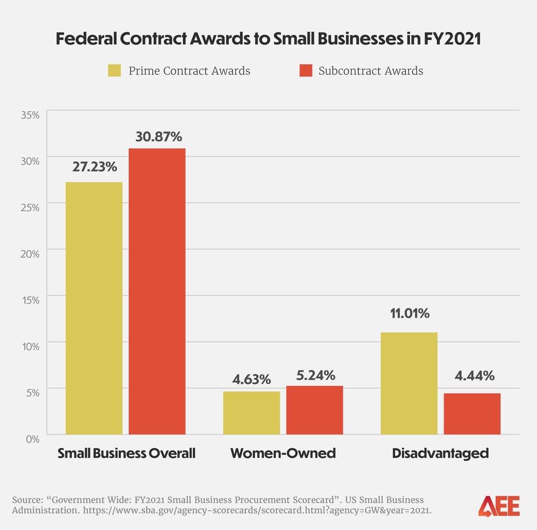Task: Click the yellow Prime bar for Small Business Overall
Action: [94, 308]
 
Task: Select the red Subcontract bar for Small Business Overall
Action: [157, 291]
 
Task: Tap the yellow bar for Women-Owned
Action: [251, 413]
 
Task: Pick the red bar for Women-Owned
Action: [314, 410]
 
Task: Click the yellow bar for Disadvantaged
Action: [409, 383]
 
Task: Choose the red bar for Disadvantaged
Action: [472, 414]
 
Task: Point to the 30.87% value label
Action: [158, 137]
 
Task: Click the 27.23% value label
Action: [95, 167]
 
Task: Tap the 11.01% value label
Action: [409, 313]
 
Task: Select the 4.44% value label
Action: [474, 376]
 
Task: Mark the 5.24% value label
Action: [315, 375]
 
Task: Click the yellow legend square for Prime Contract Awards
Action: [114, 71]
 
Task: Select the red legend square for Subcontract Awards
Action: [305, 71]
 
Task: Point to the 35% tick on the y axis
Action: [30, 115]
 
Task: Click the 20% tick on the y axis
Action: [30, 254]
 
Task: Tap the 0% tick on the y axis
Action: [32, 439]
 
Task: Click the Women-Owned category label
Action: [283, 453]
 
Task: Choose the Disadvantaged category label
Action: [440, 453]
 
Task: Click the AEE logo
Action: [498, 505]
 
